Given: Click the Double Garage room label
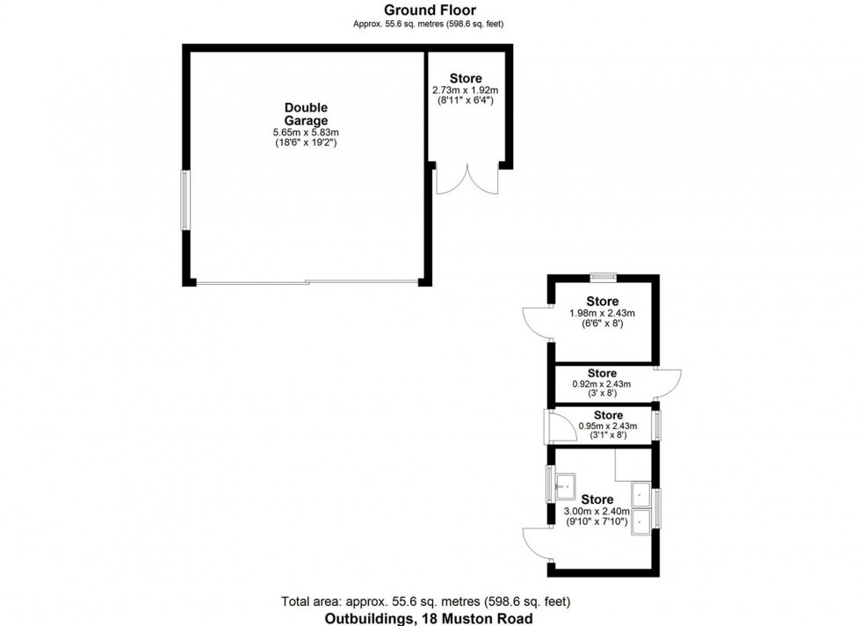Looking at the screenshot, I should pyautogui.click(x=306, y=114).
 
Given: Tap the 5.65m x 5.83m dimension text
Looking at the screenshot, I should pyautogui.click(x=306, y=133).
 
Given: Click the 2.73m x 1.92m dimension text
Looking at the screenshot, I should pyautogui.click(x=465, y=91).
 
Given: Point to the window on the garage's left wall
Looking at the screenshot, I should pyautogui.click(x=185, y=200).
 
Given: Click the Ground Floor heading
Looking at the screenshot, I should pyautogui.click(x=430, y=10).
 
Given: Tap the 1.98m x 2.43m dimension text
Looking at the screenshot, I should pyautogui.click(x=602, y=313).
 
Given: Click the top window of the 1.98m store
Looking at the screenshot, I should pyautogui.click(x=602, y=278).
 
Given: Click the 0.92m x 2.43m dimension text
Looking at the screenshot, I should pyautogui.click(x=602, y=384).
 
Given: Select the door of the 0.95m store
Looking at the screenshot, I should pyautogui.click(x=557, y=426).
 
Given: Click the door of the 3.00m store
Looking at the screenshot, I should pyautogui.click(x=537, y=542).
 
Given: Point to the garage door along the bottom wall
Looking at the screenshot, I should pyautogui.click(x=307, y=282).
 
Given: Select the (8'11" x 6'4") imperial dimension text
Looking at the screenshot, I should pyautogui.click(x=465, y=101).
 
